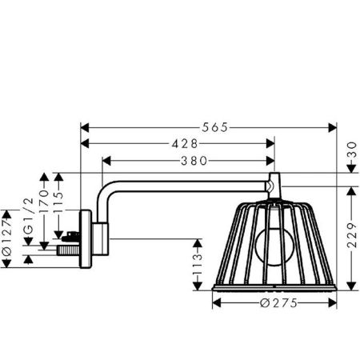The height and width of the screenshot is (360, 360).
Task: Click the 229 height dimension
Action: coord(353,236)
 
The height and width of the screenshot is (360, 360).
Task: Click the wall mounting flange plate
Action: coord(82,235)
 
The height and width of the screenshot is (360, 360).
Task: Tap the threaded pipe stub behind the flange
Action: coord(60,250)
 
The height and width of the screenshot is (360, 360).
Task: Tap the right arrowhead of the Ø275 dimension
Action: coord(330,304)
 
